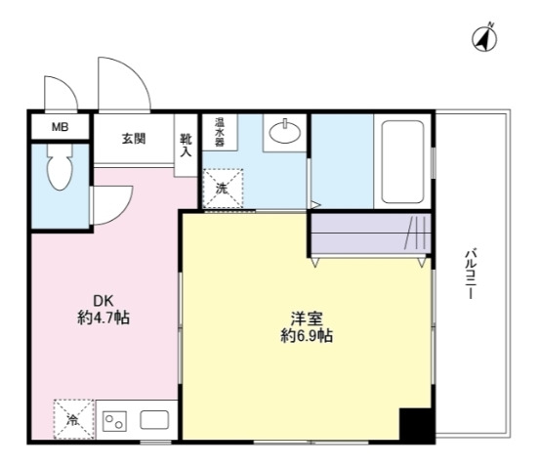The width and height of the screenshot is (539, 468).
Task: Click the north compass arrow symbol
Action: tap(484, 38)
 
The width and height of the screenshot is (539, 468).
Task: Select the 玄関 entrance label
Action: tap(134, 138)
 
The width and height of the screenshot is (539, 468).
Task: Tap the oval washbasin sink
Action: tap(285, 132)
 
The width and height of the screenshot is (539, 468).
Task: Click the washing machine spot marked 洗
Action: tap(223, 189)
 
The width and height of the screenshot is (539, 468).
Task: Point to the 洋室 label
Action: tap(305, 319)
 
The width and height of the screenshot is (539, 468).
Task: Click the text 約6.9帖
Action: tap(305, 337)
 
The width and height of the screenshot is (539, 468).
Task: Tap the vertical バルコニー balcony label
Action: tap(470, 275)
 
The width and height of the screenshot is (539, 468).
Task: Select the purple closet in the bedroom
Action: tap(370, 234)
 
